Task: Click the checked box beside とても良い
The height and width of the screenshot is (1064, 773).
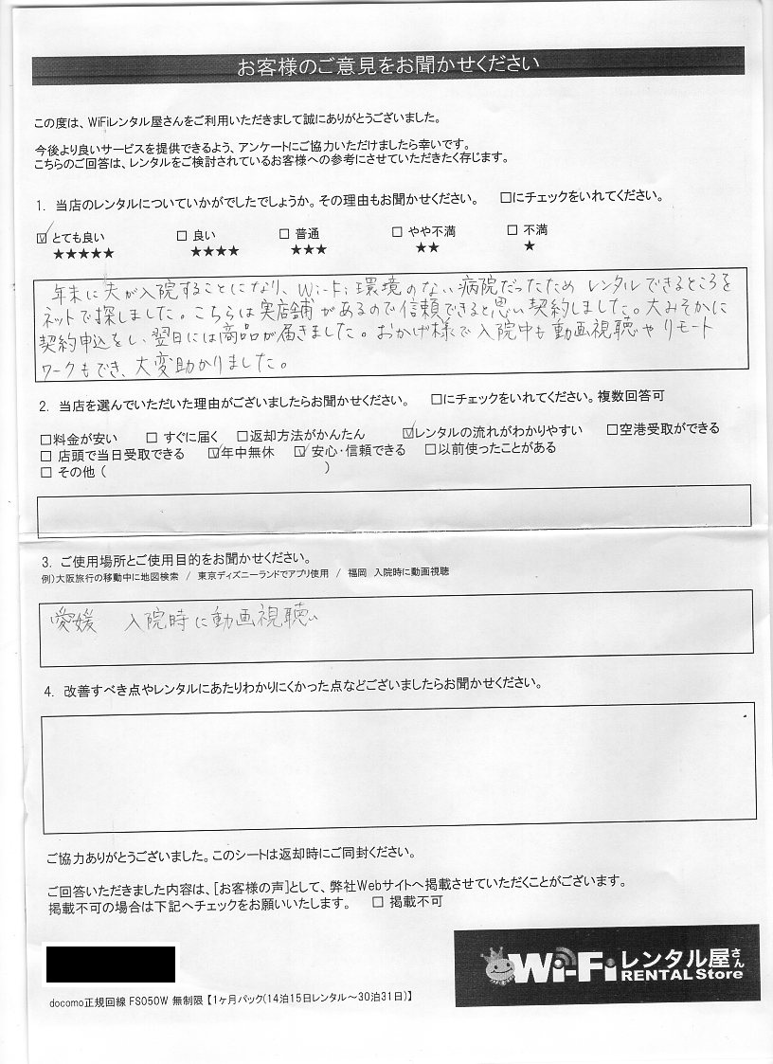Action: pos(41,237)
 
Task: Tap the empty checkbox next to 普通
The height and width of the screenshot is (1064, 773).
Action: pos(284,233)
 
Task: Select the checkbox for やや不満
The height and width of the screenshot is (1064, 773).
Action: pos(398,231)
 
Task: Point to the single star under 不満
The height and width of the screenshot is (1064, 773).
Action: pos(529,246)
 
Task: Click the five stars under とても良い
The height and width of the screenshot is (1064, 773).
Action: pos(83,254)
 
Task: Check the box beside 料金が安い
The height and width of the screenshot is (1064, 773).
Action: pos(46,440)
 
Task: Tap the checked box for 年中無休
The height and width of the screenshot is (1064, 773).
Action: pos(213,454)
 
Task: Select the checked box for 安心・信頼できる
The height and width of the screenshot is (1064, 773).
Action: pos(301,452)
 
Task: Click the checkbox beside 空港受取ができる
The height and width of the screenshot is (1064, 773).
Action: pos(612,429)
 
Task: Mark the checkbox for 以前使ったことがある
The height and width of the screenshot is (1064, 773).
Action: pos(430,449)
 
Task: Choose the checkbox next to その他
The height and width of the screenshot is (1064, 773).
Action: pos(46,472)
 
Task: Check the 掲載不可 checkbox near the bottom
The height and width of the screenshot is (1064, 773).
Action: pos(378,903)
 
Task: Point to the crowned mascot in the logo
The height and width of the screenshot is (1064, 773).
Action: pos(499,965)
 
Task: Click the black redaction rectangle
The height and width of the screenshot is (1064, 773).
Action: pos(111,964)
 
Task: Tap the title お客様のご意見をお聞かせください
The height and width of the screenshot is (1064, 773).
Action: pos(387,66)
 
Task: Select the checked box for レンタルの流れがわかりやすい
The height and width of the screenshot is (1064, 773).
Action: pos(408,432)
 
